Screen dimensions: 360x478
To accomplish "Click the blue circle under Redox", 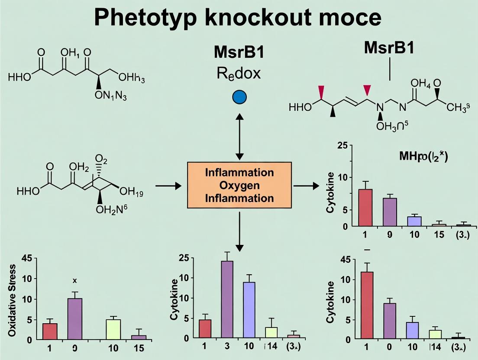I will click(x=239, y=97).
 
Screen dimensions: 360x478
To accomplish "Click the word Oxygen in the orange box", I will click(x=239, y=186).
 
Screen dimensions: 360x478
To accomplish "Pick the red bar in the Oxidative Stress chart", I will click(x=50, y=331).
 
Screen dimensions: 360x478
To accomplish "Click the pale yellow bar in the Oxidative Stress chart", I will click(x=113, y=329).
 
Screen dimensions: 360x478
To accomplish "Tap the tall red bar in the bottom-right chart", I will click(x=367, y=305).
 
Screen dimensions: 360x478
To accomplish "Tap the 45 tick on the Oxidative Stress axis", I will click(x=26, y=259).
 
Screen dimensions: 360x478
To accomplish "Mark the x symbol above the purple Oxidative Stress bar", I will click(x=74, y=281).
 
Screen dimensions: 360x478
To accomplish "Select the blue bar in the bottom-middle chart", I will click(x=249, y=309).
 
